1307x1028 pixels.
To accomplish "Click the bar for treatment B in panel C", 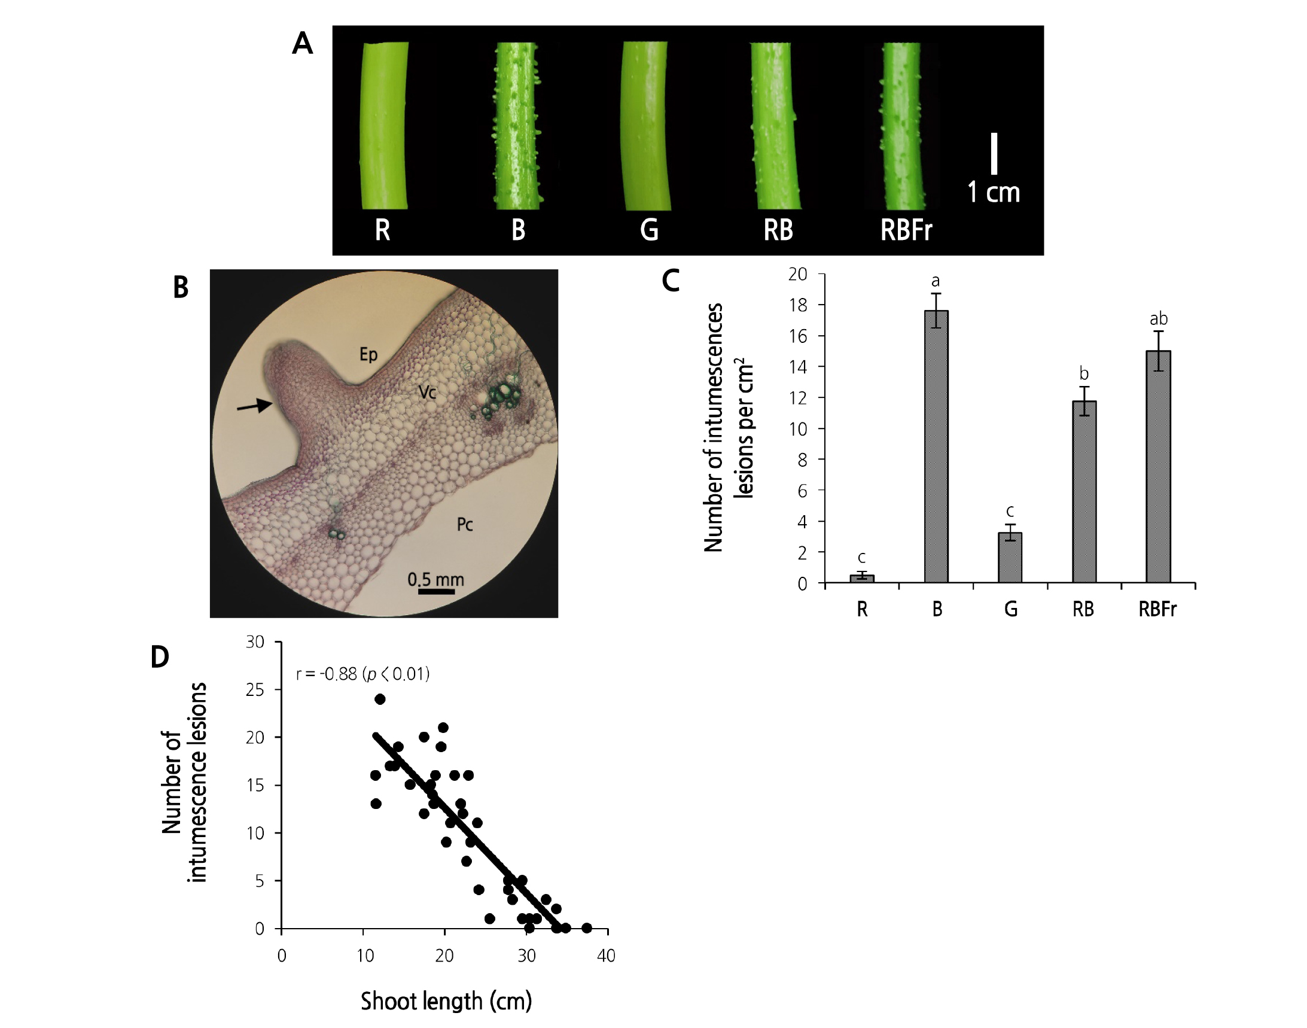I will pyautogui.click(x=936, y=446).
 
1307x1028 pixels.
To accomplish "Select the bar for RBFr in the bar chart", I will pyautogui.click(x=1159, y=467).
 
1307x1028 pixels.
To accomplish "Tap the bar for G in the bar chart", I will pyautogui.click(x=1010, y=556).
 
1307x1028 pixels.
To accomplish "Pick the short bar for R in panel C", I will pyautogui.click(x=862, y=578).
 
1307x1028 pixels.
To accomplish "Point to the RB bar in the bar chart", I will pyautogui.click(x=1084, y=491).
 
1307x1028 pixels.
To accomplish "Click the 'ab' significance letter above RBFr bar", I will pyautogui.click(x=1159, y=318).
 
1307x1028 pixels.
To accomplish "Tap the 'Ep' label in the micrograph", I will pyautogui.click(x=368, y=354).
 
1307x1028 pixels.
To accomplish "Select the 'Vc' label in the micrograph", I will pyautogui.click(x=427, y=393).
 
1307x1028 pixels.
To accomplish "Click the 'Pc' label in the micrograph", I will pyautogui.click(x=465, y=525).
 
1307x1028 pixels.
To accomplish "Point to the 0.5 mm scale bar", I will pyautogui.click(x=436, y=592).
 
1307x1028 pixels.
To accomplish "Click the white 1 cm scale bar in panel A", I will pyautogui.click(x=994, y=153).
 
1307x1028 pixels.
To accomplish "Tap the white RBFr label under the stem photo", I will pyautogui.click(x=906, y=230).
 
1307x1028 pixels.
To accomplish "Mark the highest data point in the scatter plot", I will pyautogui.click(x=380, y=699).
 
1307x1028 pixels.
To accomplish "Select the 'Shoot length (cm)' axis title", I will pyautogui.click(x=446, y=1000).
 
